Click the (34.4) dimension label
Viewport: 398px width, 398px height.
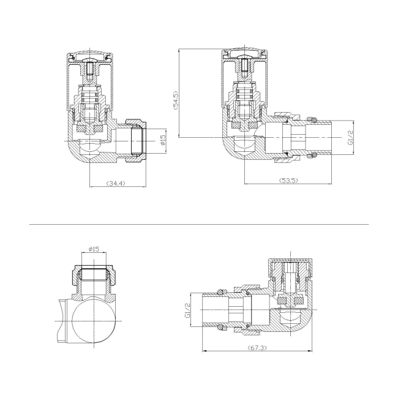click(116, 184)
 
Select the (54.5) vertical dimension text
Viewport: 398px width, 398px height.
click(176, 100)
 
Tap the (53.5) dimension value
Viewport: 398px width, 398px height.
click(288, 181)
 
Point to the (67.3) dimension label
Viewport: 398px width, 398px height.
click(257, 348)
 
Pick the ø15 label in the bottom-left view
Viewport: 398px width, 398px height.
click(94, 249)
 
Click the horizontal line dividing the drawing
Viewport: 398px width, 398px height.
click(199, 224)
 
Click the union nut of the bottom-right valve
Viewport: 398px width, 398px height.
click(247, 309)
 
